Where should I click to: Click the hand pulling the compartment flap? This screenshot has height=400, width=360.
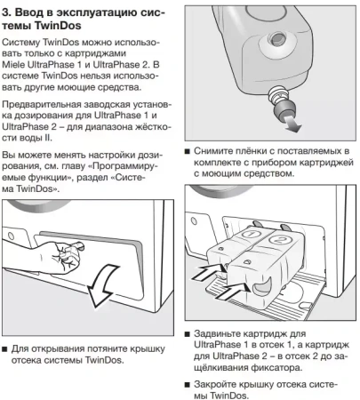point(64,260)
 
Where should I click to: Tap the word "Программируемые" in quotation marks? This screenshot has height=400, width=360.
point(107,166)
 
